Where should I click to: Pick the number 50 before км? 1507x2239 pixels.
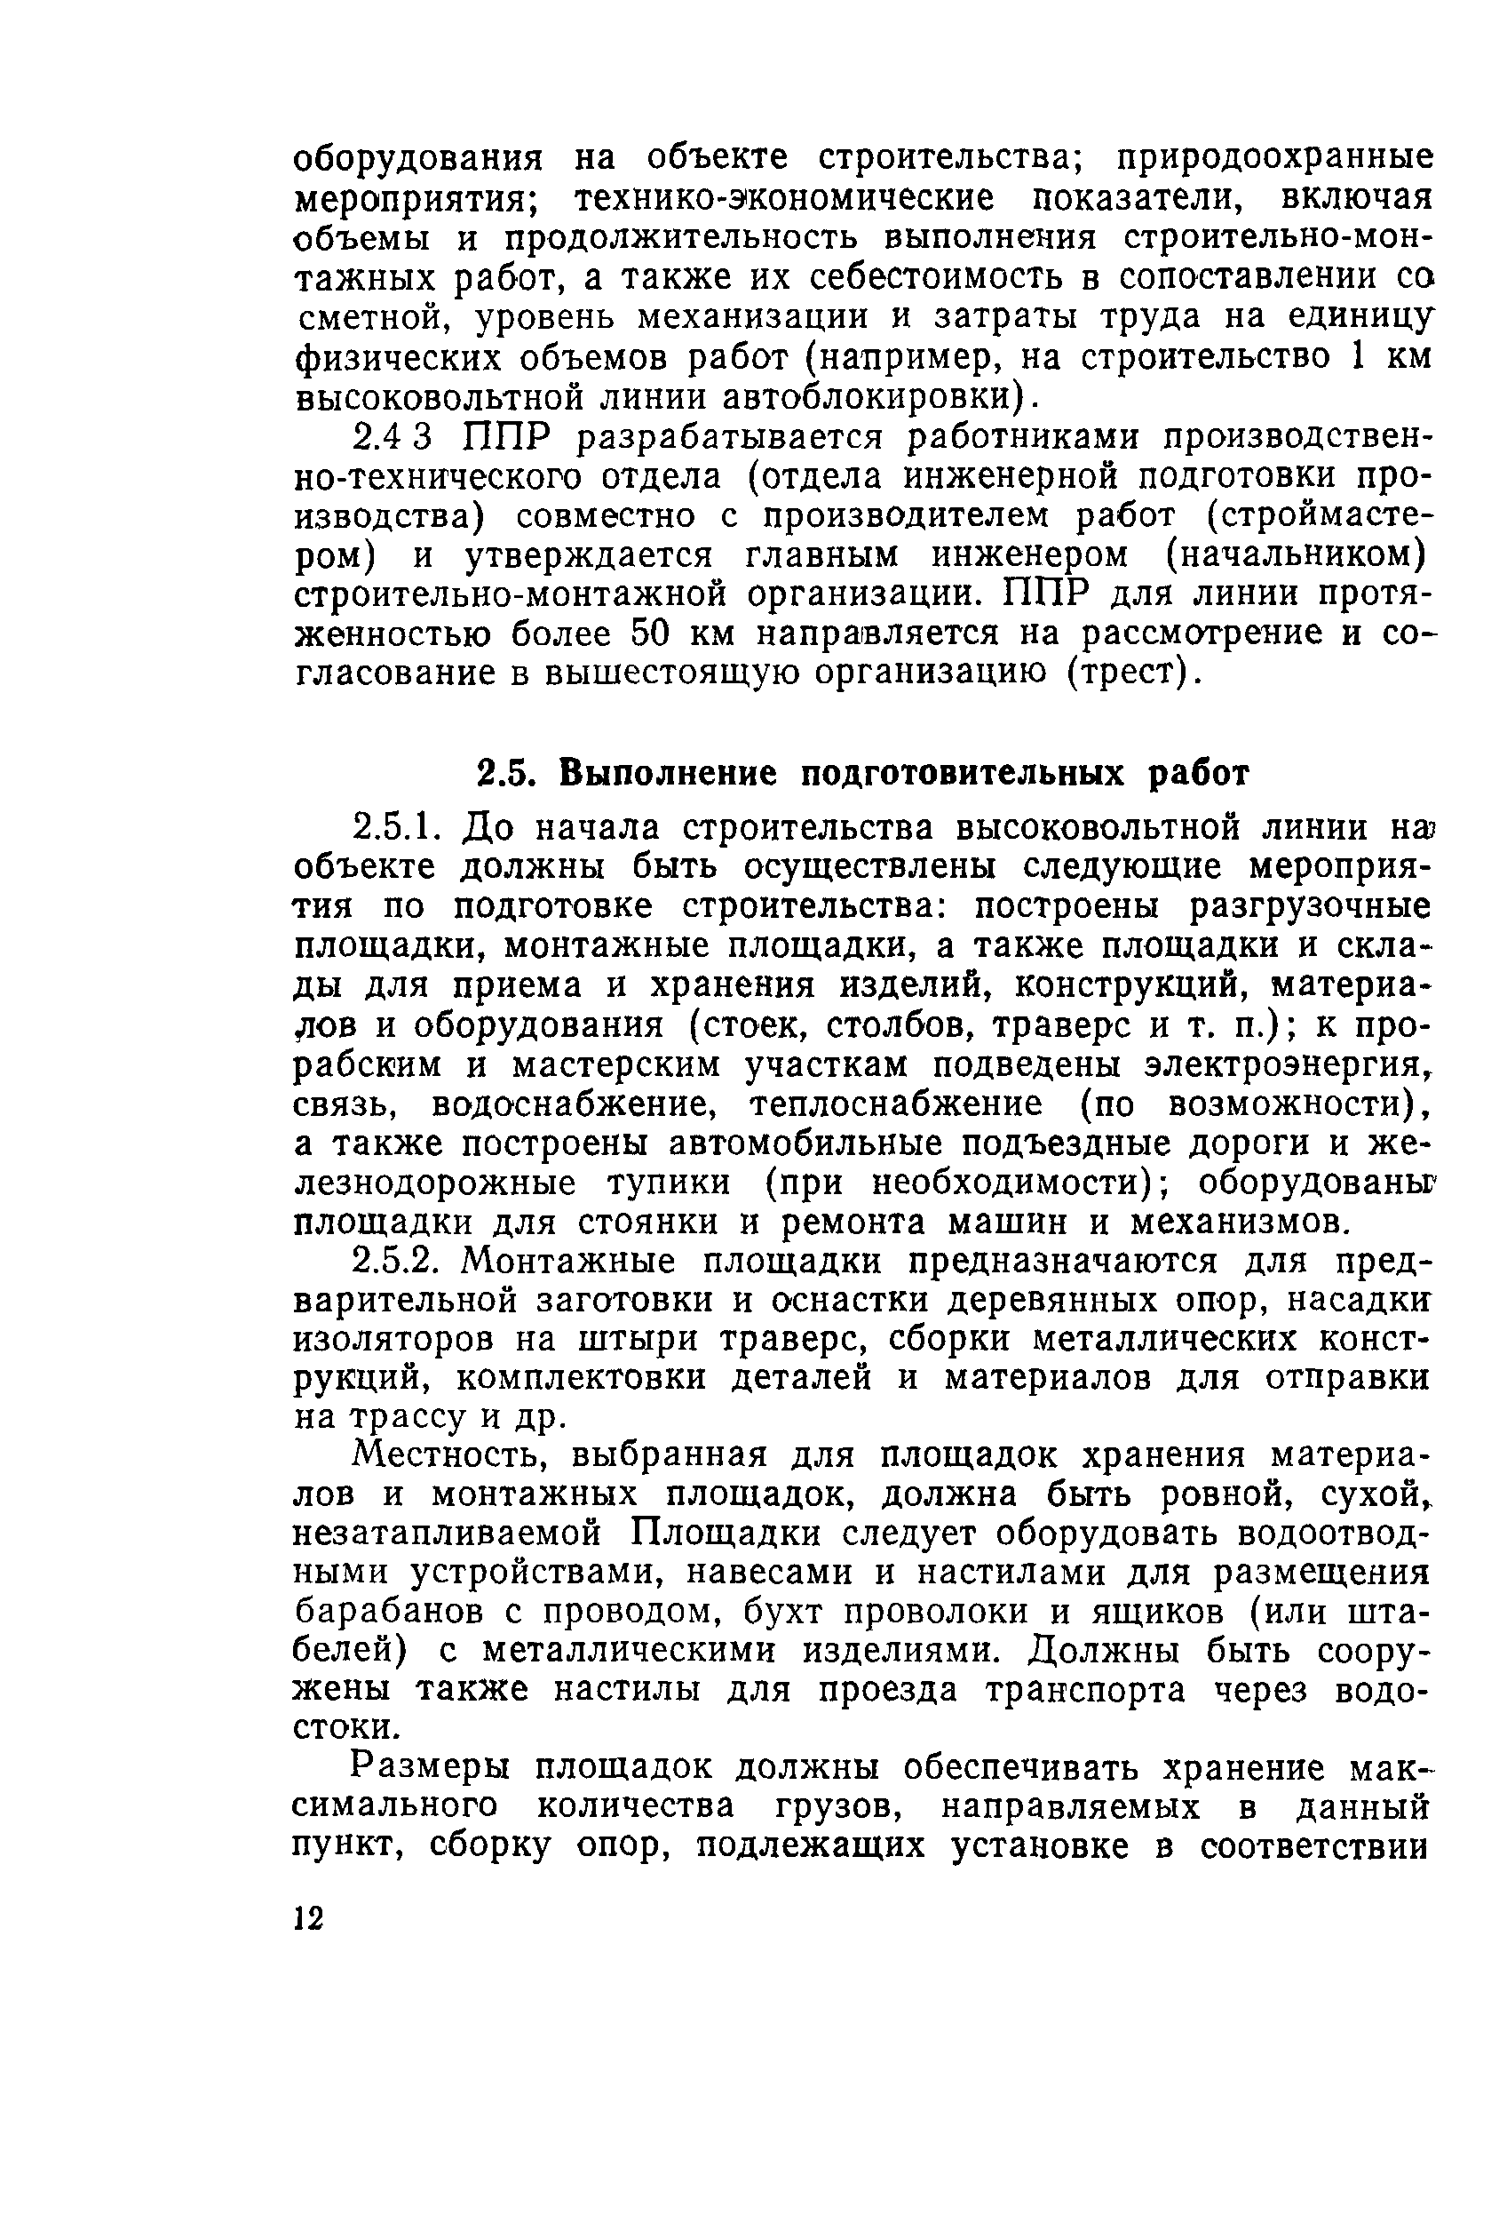[x=654, y=634]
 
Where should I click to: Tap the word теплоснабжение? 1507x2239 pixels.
[x=895, y=1104]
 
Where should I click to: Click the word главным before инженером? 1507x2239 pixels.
[x=821, y=555]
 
